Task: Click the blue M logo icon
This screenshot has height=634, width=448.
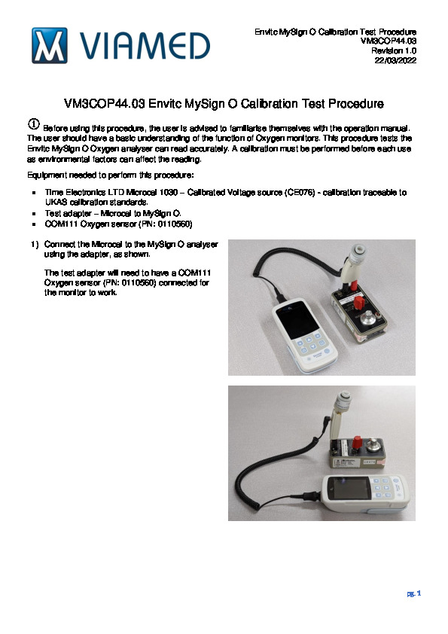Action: click(x=50, y=46)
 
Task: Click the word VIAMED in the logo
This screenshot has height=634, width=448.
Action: click(x=145, y=46)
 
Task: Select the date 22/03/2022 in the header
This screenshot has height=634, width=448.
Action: click(x=395, y=60)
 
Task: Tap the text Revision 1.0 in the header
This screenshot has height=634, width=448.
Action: click(x=394, y=50)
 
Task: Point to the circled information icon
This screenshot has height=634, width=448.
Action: click(x=34, y=124)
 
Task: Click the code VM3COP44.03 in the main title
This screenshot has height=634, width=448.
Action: click(x=105, y=104)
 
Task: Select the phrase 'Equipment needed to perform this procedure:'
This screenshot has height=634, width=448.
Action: click(x=111, y=175)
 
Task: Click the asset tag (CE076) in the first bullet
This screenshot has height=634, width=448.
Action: click(x=300, y=193)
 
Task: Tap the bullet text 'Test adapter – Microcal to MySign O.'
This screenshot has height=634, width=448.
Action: click(x=113, y=213)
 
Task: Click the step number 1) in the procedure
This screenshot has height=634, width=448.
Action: click(x=35, y=244)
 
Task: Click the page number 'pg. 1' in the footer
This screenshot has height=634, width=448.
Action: click(x=414, y=593)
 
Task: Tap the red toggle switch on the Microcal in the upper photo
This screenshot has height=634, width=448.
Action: click(x=358, y=302)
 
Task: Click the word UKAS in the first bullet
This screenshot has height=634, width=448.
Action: click(x=56, y=202)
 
